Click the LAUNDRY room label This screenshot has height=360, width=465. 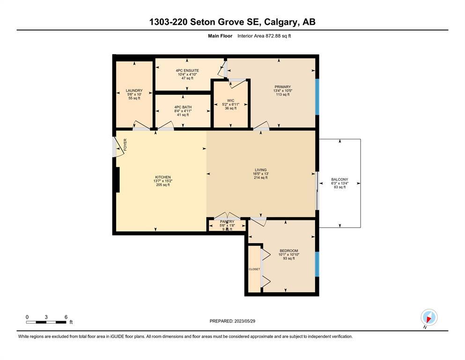pos(134,90)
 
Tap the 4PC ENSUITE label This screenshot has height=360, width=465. pos(187,70)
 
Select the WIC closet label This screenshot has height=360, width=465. pos(231,101)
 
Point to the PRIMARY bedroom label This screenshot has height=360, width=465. pos(283,87)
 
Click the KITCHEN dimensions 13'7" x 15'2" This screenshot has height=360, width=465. pos(163,181)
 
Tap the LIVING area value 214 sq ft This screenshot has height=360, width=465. pos(261,178)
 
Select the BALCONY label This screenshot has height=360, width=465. pos(340,180)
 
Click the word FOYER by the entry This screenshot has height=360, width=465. pos(125,145)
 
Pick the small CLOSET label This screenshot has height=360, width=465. pos(254,269)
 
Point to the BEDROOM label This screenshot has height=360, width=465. pos(289,251)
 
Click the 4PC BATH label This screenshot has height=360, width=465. pos(183,107)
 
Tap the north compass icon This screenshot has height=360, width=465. pos(429,317)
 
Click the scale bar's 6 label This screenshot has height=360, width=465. pos(66,317)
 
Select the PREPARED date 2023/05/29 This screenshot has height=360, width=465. pos(244,321)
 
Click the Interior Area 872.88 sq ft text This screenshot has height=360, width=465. pos(264,36)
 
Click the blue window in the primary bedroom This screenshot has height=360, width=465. pos(317,97)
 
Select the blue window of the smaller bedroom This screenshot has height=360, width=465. pos(317,264)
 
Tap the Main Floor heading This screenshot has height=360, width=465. pos(220,36)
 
